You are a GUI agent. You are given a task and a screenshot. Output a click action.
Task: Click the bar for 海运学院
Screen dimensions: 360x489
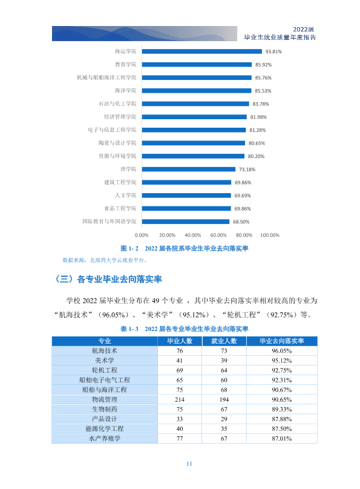click(x=201, y=51)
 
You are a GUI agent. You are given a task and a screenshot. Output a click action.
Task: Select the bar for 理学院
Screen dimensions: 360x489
click(x=189, y=169)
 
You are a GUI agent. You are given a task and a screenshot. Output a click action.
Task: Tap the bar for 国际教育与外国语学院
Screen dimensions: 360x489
click(x=186, y=222)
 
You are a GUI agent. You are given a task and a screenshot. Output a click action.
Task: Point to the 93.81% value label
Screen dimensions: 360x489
click(x=273, y=51)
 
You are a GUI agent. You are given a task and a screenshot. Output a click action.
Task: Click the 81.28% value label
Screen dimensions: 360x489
click(x=258, y=130)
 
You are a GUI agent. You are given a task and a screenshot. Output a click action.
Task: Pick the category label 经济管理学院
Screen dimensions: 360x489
click(x=120, y=117)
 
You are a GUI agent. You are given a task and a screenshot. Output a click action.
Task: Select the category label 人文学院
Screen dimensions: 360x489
click(x=126, y=195)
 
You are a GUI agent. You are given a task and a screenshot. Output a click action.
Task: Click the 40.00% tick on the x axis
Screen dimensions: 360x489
click(x=192, y=235)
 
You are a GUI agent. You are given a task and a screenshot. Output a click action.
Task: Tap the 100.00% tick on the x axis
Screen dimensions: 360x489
click(x=270, y=235)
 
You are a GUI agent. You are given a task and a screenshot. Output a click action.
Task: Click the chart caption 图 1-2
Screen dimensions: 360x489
click(x=129, y=249)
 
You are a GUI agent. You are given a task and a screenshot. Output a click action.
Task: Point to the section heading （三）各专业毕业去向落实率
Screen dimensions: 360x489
click(x=108, y=279)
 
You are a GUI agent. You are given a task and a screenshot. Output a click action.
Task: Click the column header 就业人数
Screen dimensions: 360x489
click(x=224, y=341)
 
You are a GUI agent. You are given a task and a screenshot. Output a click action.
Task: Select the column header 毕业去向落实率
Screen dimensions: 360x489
click(x=282, y=341)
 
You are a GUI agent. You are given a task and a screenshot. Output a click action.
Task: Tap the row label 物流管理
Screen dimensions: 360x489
click(x=105, y=399)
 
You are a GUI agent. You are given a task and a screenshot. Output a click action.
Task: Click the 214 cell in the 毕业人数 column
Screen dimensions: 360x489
click(x=180, y=399)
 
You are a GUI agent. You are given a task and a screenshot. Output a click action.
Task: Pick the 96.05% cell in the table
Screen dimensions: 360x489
click(x=282, y=351)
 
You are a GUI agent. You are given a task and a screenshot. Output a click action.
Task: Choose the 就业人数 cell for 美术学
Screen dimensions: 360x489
click(x=224, y=361)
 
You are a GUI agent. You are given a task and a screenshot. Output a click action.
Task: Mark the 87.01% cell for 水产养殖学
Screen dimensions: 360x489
click(x=282, y=439)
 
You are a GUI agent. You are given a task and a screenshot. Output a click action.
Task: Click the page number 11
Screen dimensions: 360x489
click(x=189, y=464)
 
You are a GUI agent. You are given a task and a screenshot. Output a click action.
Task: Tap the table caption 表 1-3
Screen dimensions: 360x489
click(x=129, y=329)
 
